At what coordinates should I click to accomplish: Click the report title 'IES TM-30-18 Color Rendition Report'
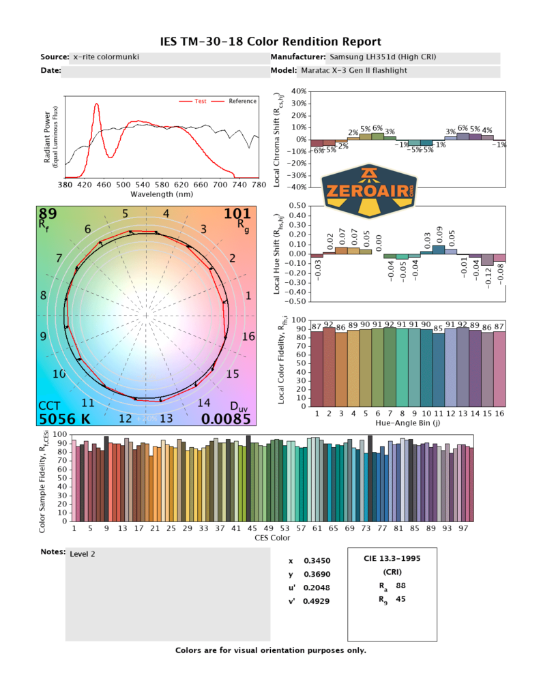(x=270, y=42)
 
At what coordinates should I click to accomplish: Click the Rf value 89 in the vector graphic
(x=48, y=214)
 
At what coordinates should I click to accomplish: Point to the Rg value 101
(x=237, y=214)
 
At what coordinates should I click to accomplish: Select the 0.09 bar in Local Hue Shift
(x=439, y=249)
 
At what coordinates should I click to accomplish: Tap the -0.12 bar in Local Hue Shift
(x=486, y=260)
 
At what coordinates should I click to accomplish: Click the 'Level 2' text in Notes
(x=83, y=553)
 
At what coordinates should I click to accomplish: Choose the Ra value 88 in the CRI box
(x=400, y=585)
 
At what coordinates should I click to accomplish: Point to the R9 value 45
(x=400, y=600)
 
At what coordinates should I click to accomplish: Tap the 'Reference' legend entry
(x=242, y=101)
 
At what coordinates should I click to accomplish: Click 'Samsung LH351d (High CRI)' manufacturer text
(x=383, y=57)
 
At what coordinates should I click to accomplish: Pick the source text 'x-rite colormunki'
(x=106, y=57)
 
